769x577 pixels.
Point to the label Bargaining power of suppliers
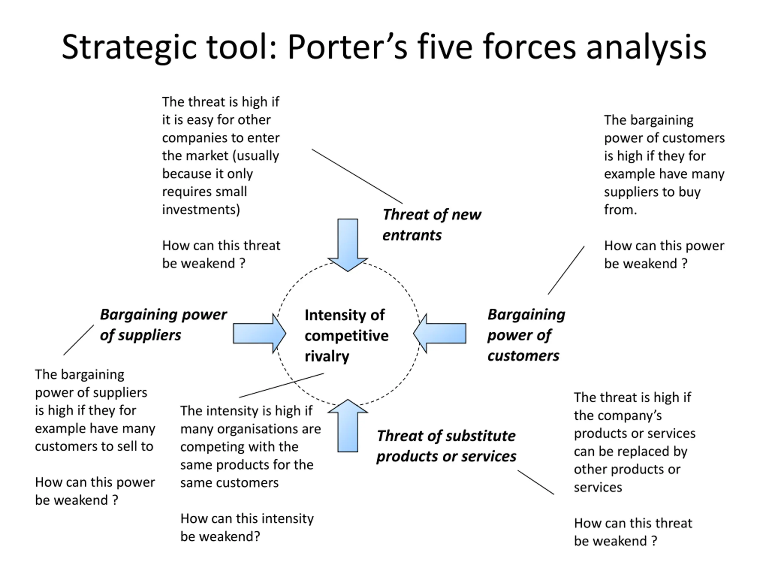[x=163, y=325]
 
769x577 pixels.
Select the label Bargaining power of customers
[x=526, y=334]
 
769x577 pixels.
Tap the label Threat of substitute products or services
[x=446, y=446]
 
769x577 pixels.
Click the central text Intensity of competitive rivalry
[x=346, y=335]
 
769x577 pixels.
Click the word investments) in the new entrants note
[x=201, y=210]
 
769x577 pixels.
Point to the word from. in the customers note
[x=620, y=210]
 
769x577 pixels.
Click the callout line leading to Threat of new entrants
[x=357, y=176]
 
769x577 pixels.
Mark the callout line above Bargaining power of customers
[x=566, y=270]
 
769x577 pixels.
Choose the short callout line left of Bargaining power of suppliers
[x=79, y=340]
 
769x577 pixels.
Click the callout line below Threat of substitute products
[x=536, y=482]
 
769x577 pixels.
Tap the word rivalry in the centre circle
[x=327, y=356]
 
